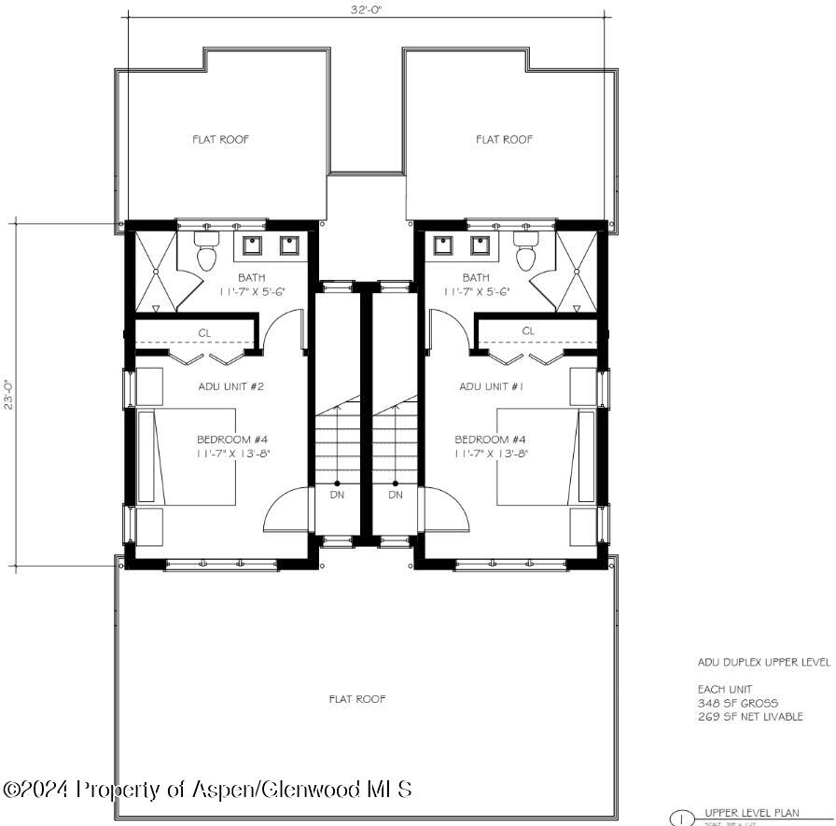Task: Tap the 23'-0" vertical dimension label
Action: point(8,393)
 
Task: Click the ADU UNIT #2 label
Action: point(232,386)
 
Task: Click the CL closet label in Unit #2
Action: point(203,331)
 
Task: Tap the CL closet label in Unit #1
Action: point(528,331)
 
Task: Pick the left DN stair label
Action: point(337,495)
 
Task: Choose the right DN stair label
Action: point(396,495)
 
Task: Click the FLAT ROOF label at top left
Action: point(221,139)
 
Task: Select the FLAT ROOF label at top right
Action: point(504,139)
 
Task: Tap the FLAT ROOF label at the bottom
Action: point(357,698)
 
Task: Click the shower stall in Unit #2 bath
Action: point(155,272)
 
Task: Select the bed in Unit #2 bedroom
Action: point(187,456)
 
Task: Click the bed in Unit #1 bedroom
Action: point(545,456)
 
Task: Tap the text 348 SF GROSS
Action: point(737,703)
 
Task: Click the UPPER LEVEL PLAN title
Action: point(752,812)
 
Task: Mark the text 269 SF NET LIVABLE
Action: point(750,717)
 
